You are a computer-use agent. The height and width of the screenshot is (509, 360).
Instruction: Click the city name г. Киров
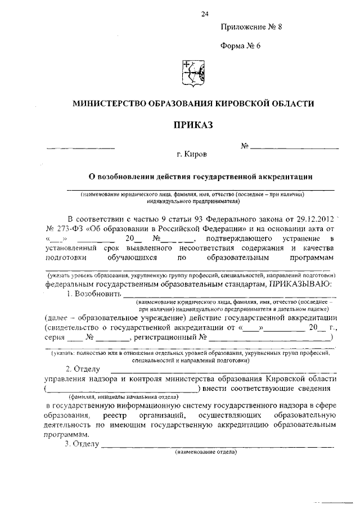point(191,154)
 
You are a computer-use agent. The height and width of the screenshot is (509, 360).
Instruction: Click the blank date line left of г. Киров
point(80,147)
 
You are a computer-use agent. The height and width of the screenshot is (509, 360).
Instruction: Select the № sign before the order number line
point(245,146)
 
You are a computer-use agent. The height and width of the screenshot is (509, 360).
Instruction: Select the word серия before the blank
point(54,337)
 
